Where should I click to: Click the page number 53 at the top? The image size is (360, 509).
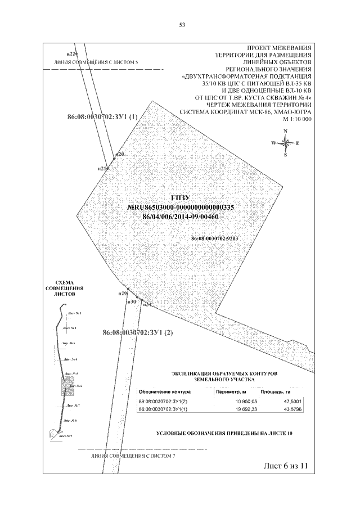coord(182,25)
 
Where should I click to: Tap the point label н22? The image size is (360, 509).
coord(71,53)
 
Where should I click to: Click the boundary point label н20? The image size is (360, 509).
coord(119,154)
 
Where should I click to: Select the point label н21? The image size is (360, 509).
coord(102,168)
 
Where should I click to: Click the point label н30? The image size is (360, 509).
coord(132,302)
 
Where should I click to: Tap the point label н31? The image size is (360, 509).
coord(147,304)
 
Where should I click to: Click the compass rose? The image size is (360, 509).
coord(285,143)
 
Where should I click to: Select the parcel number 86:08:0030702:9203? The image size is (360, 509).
coord(215,238)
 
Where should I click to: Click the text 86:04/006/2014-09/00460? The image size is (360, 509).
coord(181,216)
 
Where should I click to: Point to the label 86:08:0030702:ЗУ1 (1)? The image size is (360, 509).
coord(102,118)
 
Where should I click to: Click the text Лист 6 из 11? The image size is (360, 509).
coord(286,466)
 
